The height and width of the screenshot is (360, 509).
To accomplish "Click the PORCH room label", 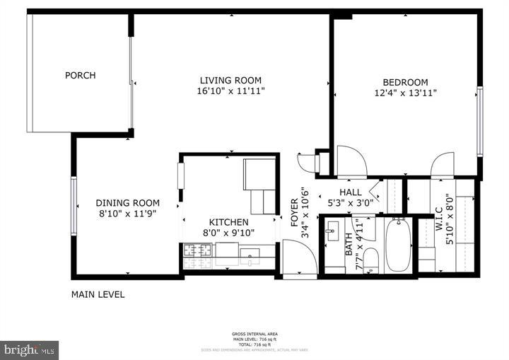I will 80,76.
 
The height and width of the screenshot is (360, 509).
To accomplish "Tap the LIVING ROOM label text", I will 230,80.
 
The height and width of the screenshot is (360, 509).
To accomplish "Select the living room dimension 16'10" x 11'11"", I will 230,91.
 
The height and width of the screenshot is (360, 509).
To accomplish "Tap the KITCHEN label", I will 228,221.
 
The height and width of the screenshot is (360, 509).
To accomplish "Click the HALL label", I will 350,192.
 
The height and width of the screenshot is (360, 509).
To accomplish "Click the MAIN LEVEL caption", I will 98,294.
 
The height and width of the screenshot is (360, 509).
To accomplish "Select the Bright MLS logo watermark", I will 29,350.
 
